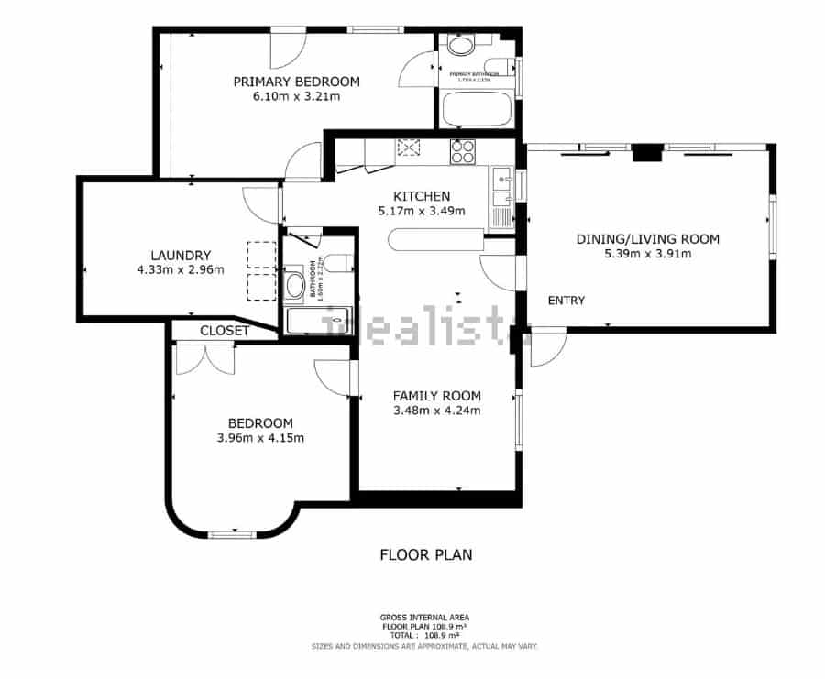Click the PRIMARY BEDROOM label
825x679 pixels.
click(x=296, y=82)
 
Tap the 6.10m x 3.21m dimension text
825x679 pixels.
click(x=296, y=96)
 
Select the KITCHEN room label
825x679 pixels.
click(x=422, y=196)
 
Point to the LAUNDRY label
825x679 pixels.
click(x=181, y=256)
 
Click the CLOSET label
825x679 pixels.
click(x=224, y=331)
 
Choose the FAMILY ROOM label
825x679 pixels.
click(x=436, y=396)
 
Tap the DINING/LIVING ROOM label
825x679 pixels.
click(x=647, y=239)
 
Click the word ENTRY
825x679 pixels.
click(x=566, y=301)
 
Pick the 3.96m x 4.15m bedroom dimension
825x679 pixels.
click(x=260, y=438)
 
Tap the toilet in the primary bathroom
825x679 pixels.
click(x=457, y=44)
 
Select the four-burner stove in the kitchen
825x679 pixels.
click(x=462, y=151)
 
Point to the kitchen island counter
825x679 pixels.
click(x=434, y=241)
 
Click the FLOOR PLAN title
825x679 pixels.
click(x=425, y=554)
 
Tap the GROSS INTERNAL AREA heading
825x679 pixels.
click(x=424, y=618)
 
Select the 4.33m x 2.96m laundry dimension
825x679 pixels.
click(x=181, y=270)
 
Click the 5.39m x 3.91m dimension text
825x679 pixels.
click(x=647, y=254)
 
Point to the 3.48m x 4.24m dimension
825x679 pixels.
click(x=436, y=411)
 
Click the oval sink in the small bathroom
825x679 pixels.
click(x=295, y=286)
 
